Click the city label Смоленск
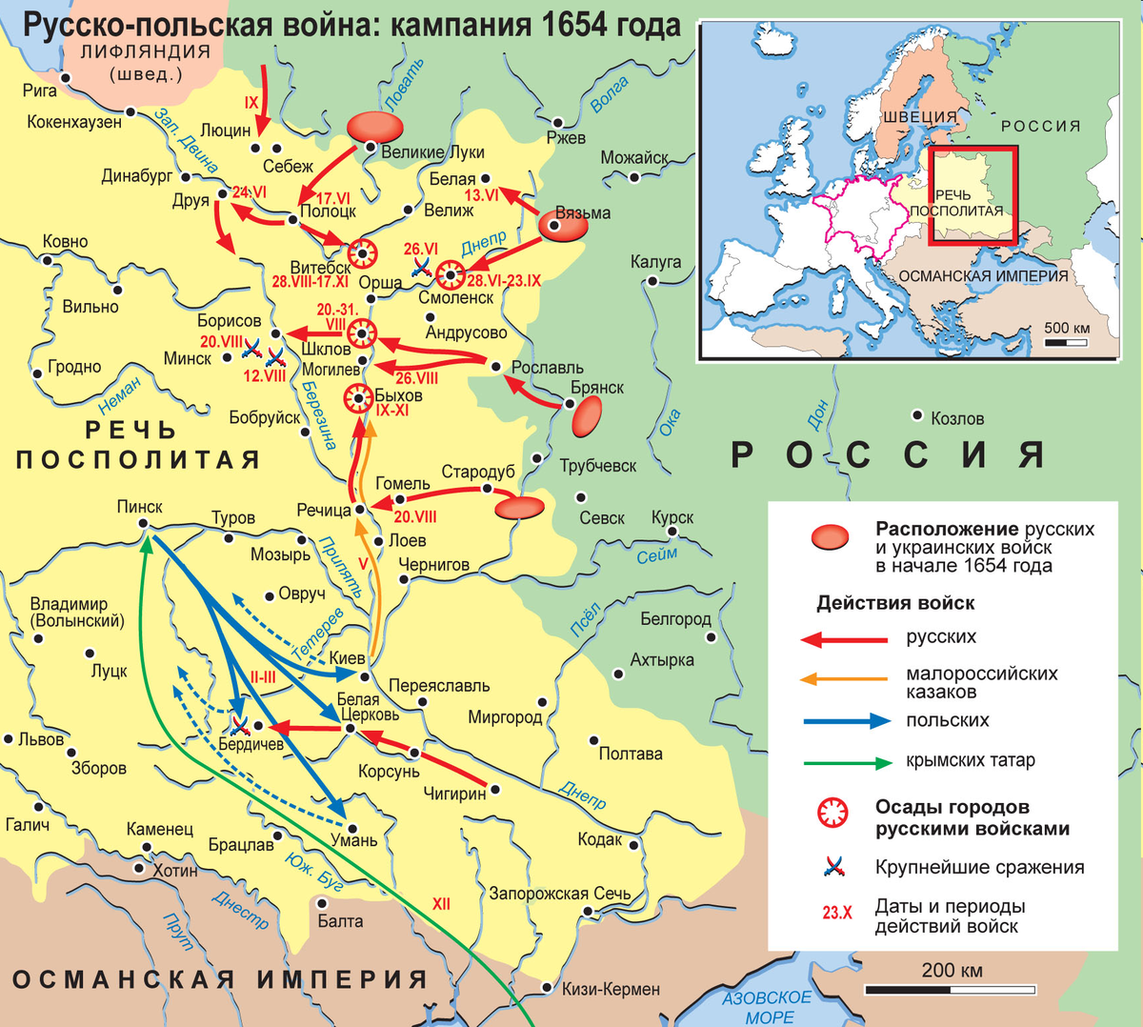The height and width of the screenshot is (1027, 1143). tap(455, 298)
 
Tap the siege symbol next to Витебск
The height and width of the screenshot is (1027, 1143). tap(362, 253)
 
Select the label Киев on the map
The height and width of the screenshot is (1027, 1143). tap(347, 658)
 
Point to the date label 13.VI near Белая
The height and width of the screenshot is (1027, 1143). tap(482, 195)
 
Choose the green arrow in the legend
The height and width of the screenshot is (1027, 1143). tap(845, 762)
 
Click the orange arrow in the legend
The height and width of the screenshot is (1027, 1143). tap(845, 679)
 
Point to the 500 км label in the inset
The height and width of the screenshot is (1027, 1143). tap(1067, 329)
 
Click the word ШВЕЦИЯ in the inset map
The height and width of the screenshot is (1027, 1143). tap(919, 117)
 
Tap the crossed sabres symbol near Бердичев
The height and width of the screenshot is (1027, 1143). tap(239, 725)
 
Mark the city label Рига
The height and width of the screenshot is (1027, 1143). tap(40, 91)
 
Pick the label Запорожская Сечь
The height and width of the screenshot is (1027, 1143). tap(560, 894)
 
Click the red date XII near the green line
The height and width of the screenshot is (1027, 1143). tap(441, 904)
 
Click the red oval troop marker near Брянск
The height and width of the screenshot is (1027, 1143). tap(587, 416)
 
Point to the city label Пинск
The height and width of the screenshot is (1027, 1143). tap(140, 507)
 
